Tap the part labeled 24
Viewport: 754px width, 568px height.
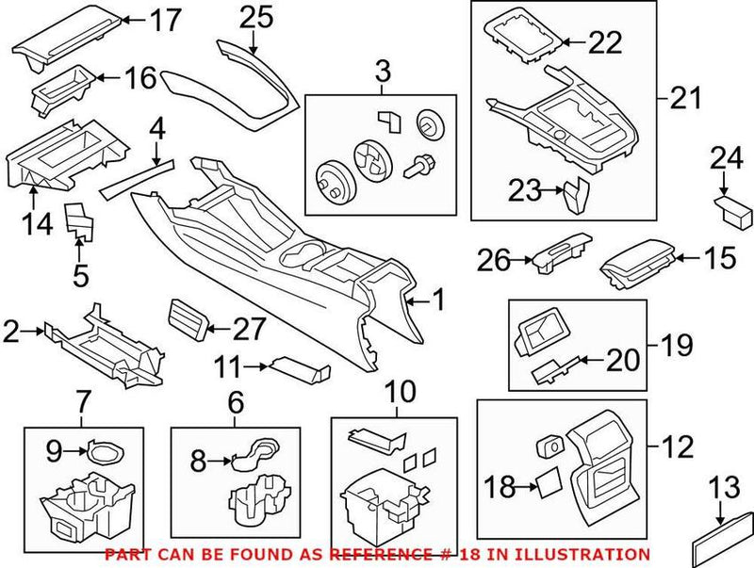729,206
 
